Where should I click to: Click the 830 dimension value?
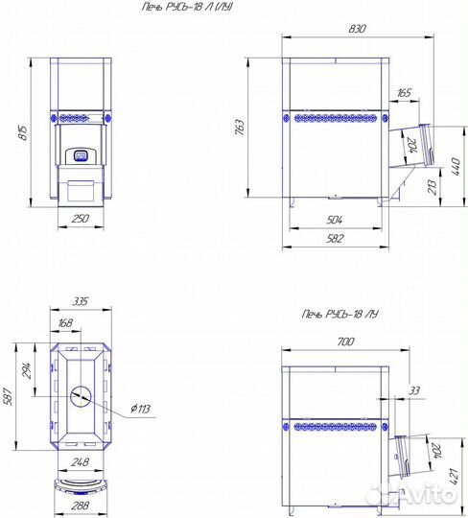click(357, 29)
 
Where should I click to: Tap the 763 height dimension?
click(240, 128)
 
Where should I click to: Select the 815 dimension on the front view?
click(23, 132)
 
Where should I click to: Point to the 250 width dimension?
click(81, 219)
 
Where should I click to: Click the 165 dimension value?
click(404, 92)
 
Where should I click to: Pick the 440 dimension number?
click(456, 167)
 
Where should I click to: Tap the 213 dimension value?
click(432, 187)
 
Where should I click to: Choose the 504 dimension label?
click(335, 220)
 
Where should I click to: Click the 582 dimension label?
click(335, 238)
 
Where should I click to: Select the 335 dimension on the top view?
click(81, 301)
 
